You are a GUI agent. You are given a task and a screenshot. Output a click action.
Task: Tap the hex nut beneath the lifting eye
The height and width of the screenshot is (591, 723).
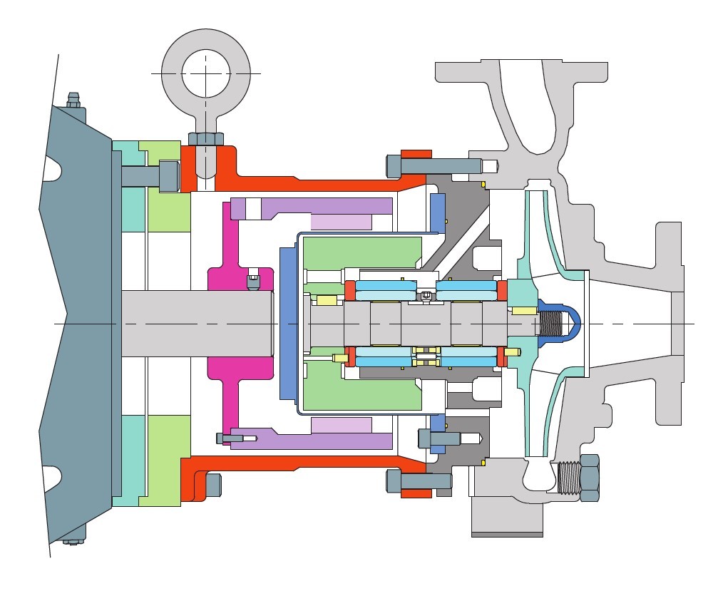(x=206, y=138)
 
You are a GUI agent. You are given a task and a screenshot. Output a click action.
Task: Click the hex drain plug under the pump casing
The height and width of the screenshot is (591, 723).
(x=589, y=477)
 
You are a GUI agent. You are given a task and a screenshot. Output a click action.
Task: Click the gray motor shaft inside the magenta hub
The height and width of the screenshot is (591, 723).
(x=196, y=323)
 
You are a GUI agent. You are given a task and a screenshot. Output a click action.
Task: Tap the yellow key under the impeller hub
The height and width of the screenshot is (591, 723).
(x=524, y=310)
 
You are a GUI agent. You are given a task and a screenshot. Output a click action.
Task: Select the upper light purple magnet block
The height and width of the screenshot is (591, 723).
(x=341, y=221)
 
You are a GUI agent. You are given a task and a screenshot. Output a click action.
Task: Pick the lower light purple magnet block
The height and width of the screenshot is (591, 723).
(x=341, y=425)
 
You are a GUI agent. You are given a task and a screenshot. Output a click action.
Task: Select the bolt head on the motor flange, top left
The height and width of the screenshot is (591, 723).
(x=168, y=175)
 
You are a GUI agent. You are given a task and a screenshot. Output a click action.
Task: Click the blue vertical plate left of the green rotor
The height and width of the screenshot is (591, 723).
(x=288, y=324)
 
